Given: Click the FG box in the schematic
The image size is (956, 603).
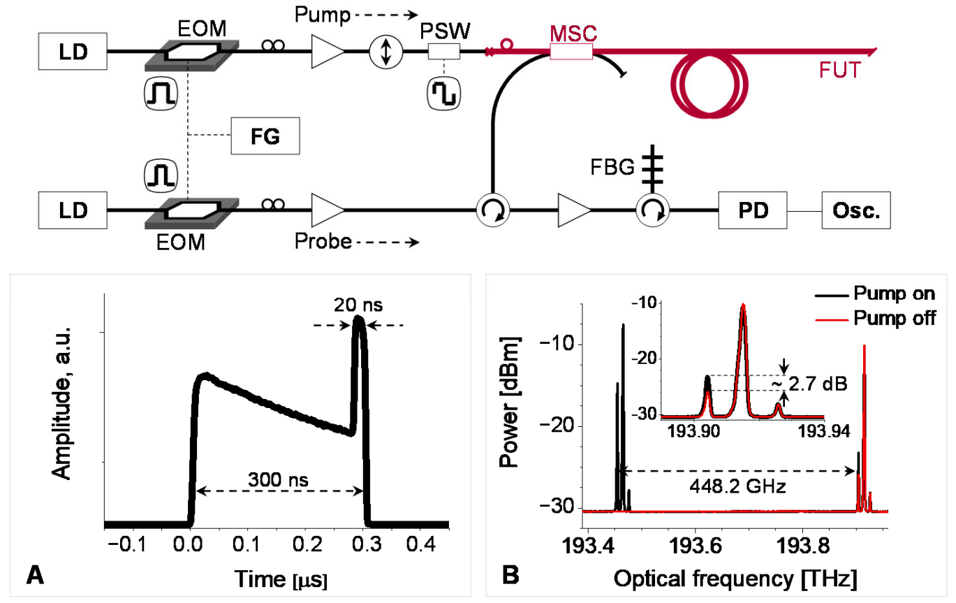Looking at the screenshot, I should (265, 136).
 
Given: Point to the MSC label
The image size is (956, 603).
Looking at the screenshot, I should (572, 32).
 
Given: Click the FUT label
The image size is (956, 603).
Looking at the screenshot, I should (841, 70).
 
